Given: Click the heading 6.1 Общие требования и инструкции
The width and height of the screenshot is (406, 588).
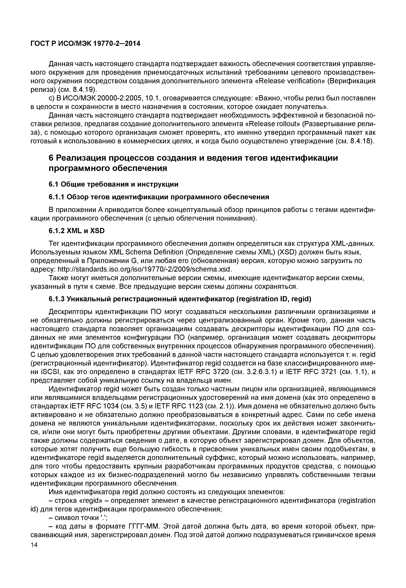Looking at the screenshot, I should tap(113, 184).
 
